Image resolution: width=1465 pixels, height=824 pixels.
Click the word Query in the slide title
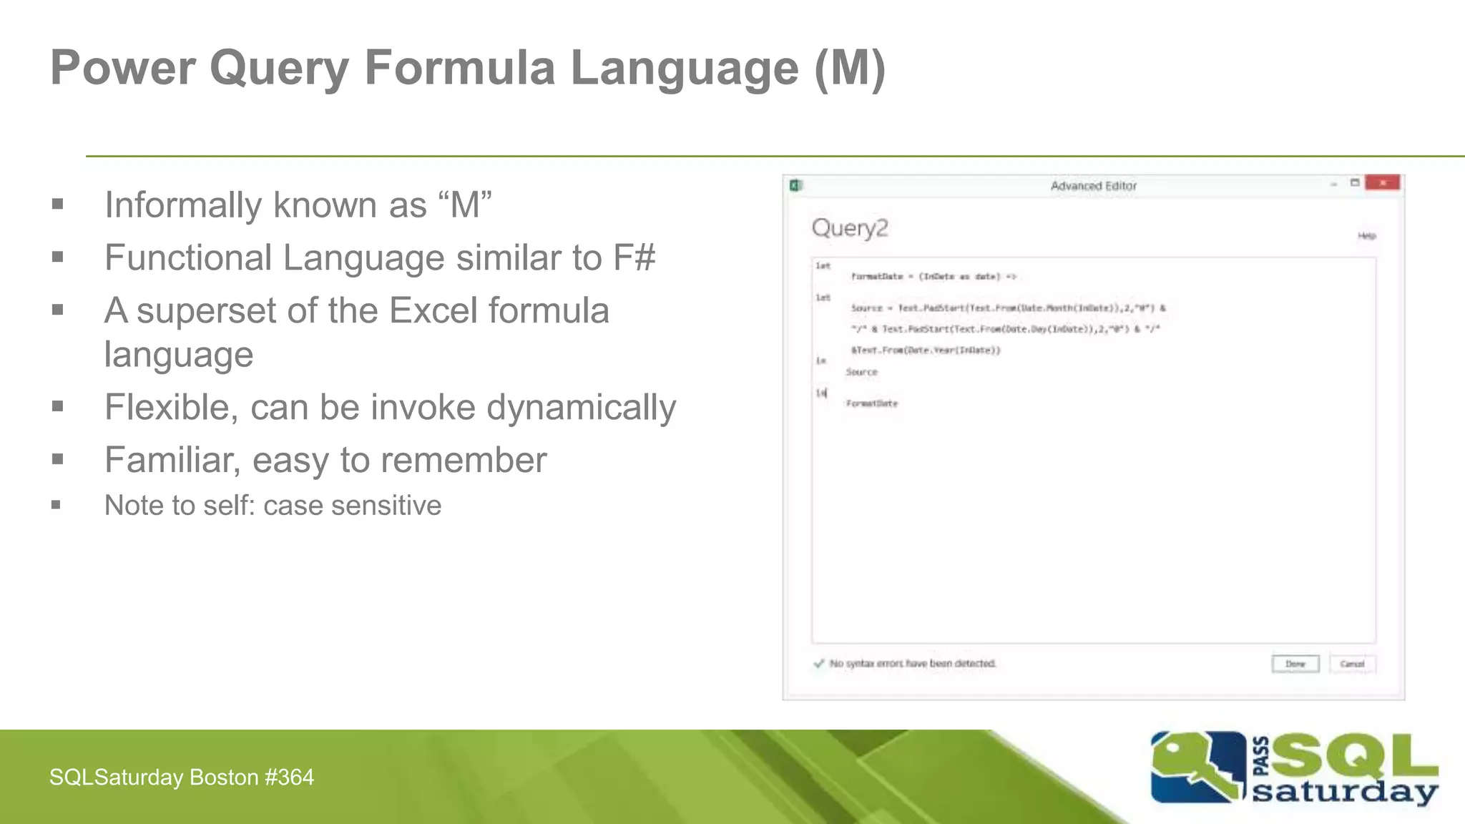tap(278, 69)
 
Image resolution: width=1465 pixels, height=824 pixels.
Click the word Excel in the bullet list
tap(436, 310)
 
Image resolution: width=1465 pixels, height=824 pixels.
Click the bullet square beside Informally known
tap(58, 205)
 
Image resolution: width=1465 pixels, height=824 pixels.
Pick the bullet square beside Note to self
tap(57, 506)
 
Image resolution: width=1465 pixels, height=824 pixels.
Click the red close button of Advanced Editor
tap(1382, 183)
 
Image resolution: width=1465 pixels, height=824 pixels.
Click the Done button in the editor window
tap(1295, 664)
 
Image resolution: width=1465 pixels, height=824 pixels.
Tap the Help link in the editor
tap(1366, 235)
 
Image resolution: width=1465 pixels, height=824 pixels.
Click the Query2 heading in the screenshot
tap(850, 228)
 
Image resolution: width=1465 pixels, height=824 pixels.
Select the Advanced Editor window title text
tap(1093, 186)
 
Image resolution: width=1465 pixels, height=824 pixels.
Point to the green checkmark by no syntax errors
tap(819, 663)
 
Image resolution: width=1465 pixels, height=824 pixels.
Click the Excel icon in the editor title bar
tap(795, 186)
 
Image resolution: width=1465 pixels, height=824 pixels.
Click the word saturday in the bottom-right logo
tap(1345, 793)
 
